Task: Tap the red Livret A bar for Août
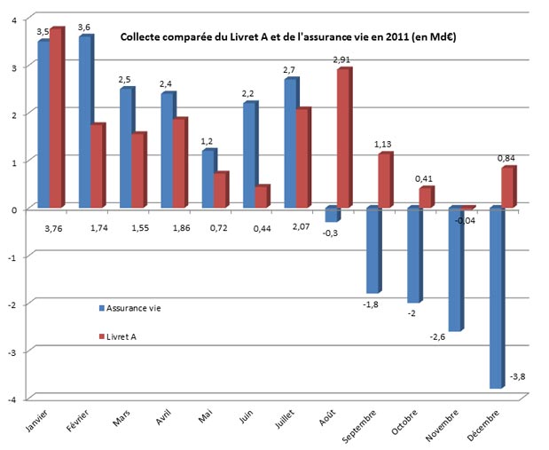(x=343, y=138)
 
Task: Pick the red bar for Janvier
(x=56, y=118)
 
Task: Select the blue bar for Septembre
(x=373, y=249)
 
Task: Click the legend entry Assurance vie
(x=133, y=307)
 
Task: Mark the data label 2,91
(x=341, y=59)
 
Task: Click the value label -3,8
(x=518, y=376)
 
